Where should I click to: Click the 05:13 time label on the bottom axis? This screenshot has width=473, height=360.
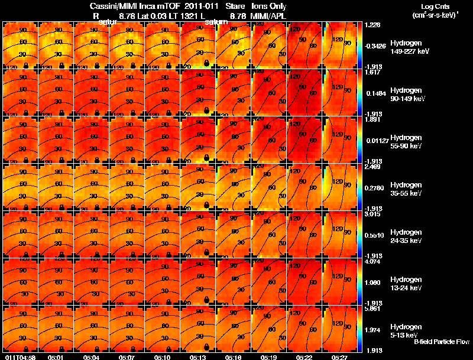point(197,357)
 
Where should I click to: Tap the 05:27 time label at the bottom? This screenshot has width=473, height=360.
point(339,357)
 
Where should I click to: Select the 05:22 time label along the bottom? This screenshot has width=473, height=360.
point(304,357)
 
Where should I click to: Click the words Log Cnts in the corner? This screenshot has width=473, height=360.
point(441,7)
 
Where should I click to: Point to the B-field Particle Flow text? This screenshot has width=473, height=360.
point(441,342)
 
